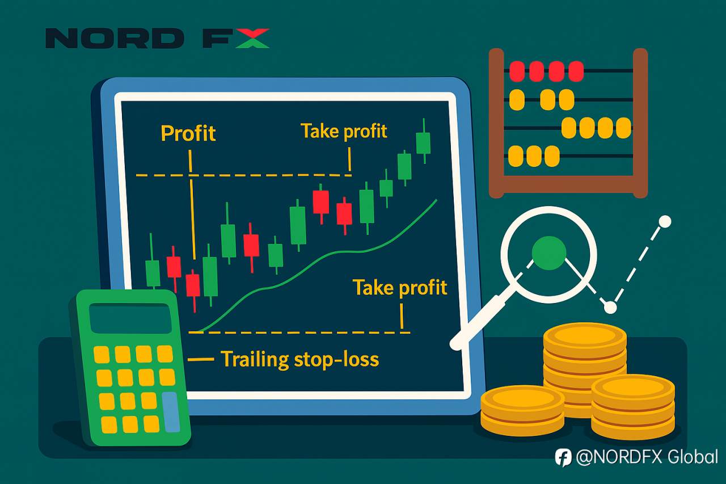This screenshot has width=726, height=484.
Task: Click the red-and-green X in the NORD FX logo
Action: [252, 38]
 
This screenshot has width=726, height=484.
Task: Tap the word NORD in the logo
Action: [115, 38]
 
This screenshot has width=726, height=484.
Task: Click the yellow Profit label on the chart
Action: [188, 133]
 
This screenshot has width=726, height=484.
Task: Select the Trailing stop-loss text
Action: [300, 359]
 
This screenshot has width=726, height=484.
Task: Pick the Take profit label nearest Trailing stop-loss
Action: [400, 288]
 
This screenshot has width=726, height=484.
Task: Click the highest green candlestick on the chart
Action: [423, 141]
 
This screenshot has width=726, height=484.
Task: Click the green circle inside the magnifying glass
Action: [549, 253]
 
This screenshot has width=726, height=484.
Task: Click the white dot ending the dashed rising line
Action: [665, 222]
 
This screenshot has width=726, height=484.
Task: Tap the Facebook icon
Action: [563, 457]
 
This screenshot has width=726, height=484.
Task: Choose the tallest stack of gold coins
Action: [585, 369]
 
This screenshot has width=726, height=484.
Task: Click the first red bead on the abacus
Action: [517, 71]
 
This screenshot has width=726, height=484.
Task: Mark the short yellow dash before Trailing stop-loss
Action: [201, 359]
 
